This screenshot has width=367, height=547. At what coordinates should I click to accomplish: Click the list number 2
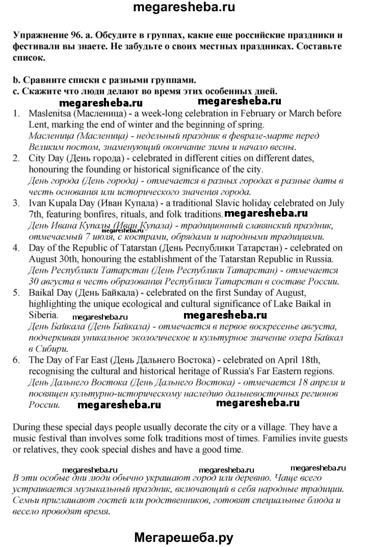point(16,159)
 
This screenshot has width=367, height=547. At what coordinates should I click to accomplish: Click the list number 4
point(16,248)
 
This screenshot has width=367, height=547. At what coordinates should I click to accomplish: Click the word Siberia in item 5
point(44,316)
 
